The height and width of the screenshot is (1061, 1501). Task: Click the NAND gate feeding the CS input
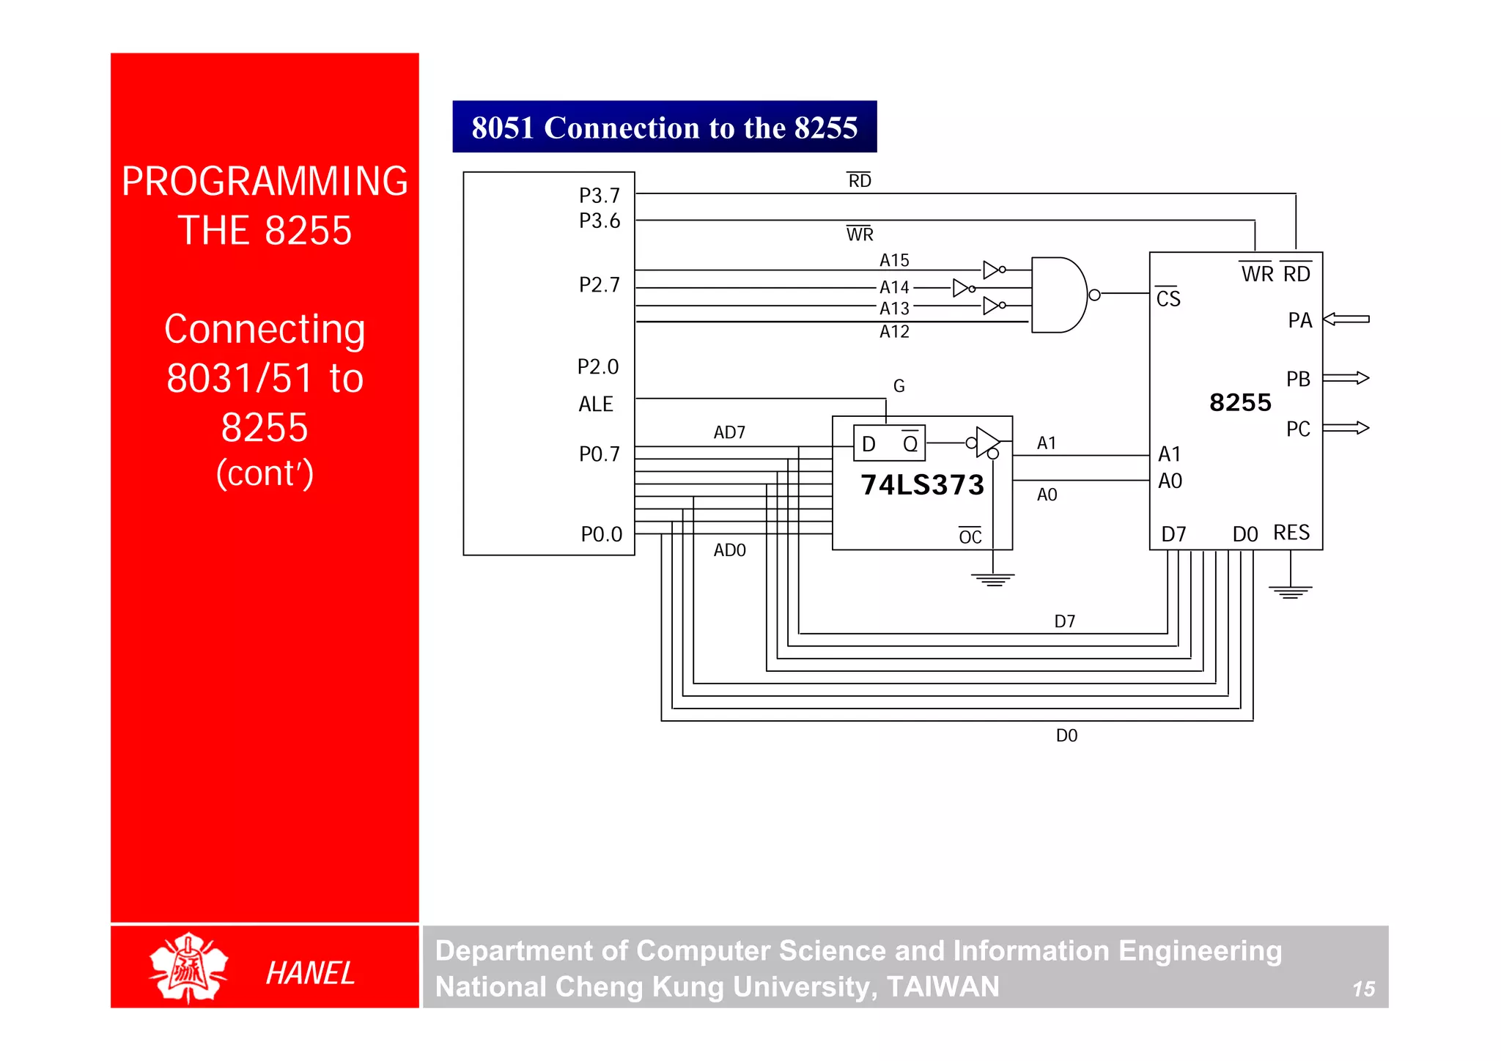(x=1059, y=295)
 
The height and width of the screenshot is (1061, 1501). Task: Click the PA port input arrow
(x=1346, y=319)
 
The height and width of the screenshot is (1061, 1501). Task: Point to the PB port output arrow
(x=1346, y=378)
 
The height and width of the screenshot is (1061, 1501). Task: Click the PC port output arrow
(x=1346, y=428)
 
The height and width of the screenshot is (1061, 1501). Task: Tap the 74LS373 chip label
(x=922, y=485)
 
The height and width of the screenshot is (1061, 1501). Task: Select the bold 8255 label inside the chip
(x=1240, y=402)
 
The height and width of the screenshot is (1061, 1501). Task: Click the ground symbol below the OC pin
(x=993, y=580)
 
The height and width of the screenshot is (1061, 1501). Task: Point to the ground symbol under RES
(x=1290, y=591)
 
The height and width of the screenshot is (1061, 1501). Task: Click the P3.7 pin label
(x=599, y=196)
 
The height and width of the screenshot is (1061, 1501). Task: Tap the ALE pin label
(x=595, y=404)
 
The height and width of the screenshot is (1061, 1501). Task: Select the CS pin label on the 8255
(x=1168, y=298)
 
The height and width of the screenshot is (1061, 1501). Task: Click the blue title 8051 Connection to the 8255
(x=664, y=127)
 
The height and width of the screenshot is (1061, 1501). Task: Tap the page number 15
(x=1363, y=989)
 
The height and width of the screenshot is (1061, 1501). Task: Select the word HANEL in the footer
(x=310, y=973)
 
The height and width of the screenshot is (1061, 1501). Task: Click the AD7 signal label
(x=729, y=432)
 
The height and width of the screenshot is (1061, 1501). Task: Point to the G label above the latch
(x=899, y=386)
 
